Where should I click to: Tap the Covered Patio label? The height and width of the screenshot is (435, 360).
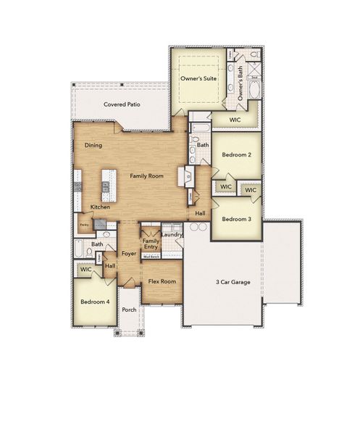click(122, 104)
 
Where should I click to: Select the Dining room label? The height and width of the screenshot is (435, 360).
click(93, 146)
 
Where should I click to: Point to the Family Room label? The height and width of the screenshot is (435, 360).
click(146, 175)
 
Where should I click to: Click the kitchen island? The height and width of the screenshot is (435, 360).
click(109, 186)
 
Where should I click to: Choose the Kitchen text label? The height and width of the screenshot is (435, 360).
click(100, 207)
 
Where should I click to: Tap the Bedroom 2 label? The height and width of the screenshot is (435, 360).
click(236, 155)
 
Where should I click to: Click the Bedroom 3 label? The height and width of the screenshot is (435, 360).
click(236, 219)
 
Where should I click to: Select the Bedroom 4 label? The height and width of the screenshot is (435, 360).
click(94, 301)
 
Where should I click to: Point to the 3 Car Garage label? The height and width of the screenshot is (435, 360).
click(233, 281)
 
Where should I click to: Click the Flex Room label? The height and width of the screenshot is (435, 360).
click(162, 281)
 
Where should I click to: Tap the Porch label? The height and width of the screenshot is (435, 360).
click(129, 310)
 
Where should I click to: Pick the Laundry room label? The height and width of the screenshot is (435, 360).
click(172, 234)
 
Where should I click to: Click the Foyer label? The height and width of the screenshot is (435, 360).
click(129, 254)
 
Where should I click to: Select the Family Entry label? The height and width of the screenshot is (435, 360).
click(151, 244)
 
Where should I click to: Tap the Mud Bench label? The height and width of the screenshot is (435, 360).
click(151, 257)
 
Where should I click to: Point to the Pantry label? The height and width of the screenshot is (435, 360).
click(84, 225)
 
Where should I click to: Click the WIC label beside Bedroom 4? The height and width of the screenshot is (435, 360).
click(86, 270)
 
